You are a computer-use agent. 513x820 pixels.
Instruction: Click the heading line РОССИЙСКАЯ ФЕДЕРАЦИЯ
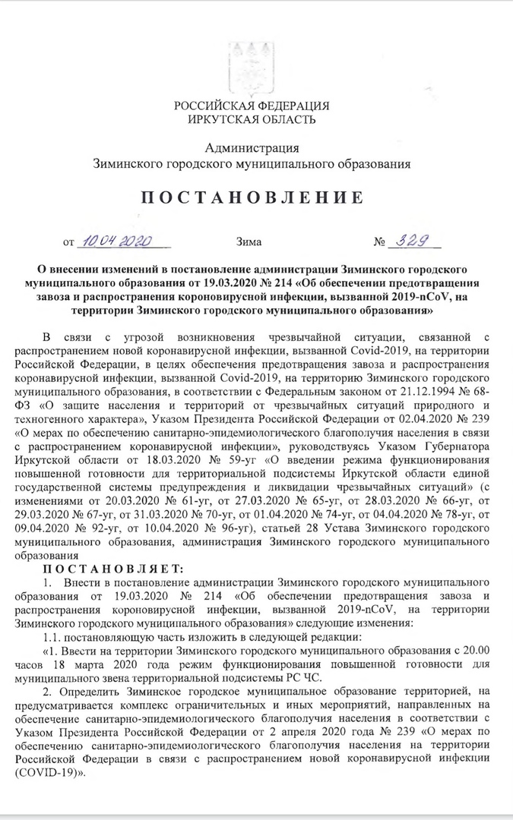[x=252, y=106]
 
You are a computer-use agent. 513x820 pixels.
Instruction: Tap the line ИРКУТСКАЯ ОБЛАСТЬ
[x=252, y=119]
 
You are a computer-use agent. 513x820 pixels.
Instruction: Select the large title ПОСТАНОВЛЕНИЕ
[x=252, y=198]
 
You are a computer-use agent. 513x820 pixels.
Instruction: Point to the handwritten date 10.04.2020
[x=119, y=241]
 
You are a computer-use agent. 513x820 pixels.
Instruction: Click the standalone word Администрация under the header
[x=252, y=147]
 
